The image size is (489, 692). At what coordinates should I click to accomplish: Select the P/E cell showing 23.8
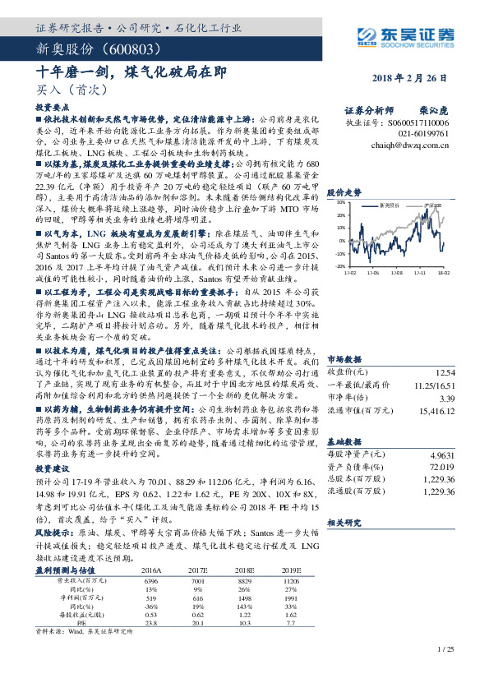coord(152,624)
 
